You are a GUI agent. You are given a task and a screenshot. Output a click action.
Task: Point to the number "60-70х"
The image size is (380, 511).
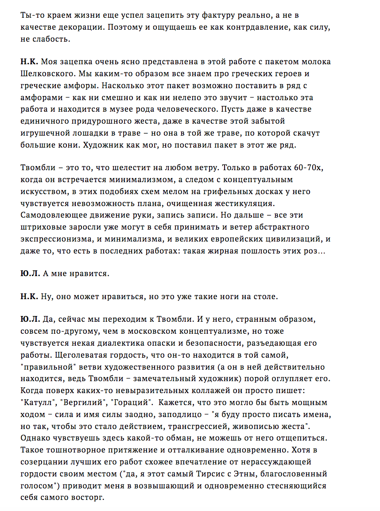pyautogui.click(x=299, y=168)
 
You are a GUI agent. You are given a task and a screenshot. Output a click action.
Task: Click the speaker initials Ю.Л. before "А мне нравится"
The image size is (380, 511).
pyautogui.click(x=30, y=274)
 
